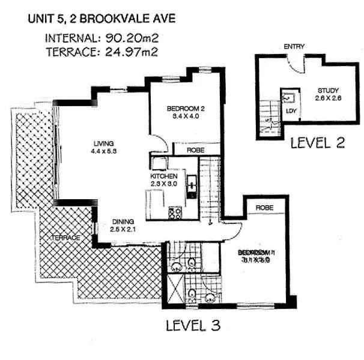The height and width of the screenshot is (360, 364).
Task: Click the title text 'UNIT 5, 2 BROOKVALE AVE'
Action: [x=102, y=19]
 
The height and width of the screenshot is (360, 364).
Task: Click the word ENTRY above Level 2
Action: [x=294, y=47]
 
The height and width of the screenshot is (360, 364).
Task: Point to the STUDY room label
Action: [x=328, y=92]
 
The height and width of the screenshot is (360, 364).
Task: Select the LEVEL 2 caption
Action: [x=317, y=143]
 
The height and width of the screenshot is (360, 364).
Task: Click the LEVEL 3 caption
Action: [x=193, y=326]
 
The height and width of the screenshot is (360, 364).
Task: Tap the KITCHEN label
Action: [x=163, y=177]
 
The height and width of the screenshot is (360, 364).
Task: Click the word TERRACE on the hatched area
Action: [x=66, y=238]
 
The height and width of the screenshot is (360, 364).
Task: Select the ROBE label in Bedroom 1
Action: [x=265, y=207]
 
